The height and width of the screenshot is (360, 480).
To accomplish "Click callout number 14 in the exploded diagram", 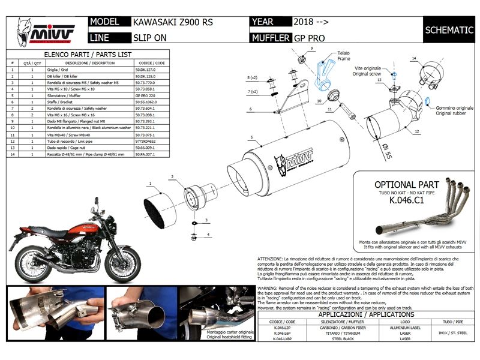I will [413, 58].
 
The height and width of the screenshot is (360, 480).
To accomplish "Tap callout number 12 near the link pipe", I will [415, 130].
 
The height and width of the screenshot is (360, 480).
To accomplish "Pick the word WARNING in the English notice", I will [268, 288].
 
